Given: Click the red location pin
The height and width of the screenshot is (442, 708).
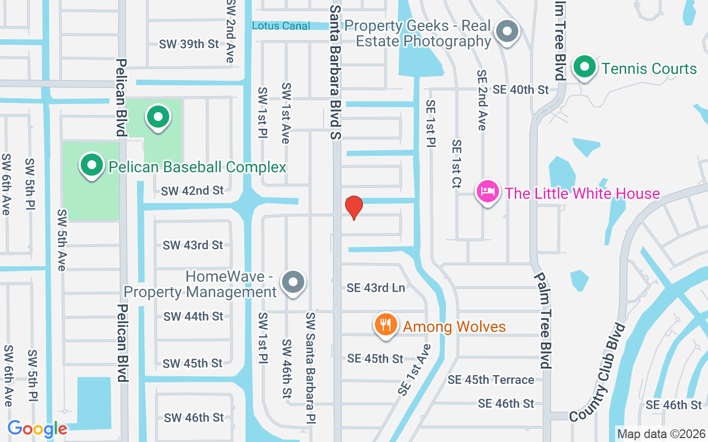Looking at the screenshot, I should (353, 207).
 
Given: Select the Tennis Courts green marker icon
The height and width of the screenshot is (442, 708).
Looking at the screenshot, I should (584, 67).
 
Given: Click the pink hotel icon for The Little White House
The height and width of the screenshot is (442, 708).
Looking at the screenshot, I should (487, 192).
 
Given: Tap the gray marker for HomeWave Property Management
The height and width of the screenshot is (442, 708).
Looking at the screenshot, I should (293, 282).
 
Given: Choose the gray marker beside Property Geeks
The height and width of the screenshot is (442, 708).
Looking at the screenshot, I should (506, 31).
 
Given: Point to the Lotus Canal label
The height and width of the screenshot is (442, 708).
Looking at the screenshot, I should (281, 25).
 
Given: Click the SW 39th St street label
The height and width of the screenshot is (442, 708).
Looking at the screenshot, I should (189, 44).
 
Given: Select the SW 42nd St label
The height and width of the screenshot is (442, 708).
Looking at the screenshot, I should (192, 191).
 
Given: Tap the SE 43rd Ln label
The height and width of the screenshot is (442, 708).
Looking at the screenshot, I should (376, 288).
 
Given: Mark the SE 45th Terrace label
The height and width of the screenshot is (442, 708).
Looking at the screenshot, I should (491, 380).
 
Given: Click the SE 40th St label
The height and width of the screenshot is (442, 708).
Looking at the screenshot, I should (520, 90).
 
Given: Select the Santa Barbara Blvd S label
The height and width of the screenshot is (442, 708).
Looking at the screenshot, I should (336, 72).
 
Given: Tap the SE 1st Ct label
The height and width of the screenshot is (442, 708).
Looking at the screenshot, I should (457, 164).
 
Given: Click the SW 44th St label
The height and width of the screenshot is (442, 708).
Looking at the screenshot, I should (194, 317).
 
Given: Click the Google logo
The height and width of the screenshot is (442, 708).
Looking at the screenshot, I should (37, 429).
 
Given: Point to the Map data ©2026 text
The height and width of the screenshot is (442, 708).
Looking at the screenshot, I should (661, 434).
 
